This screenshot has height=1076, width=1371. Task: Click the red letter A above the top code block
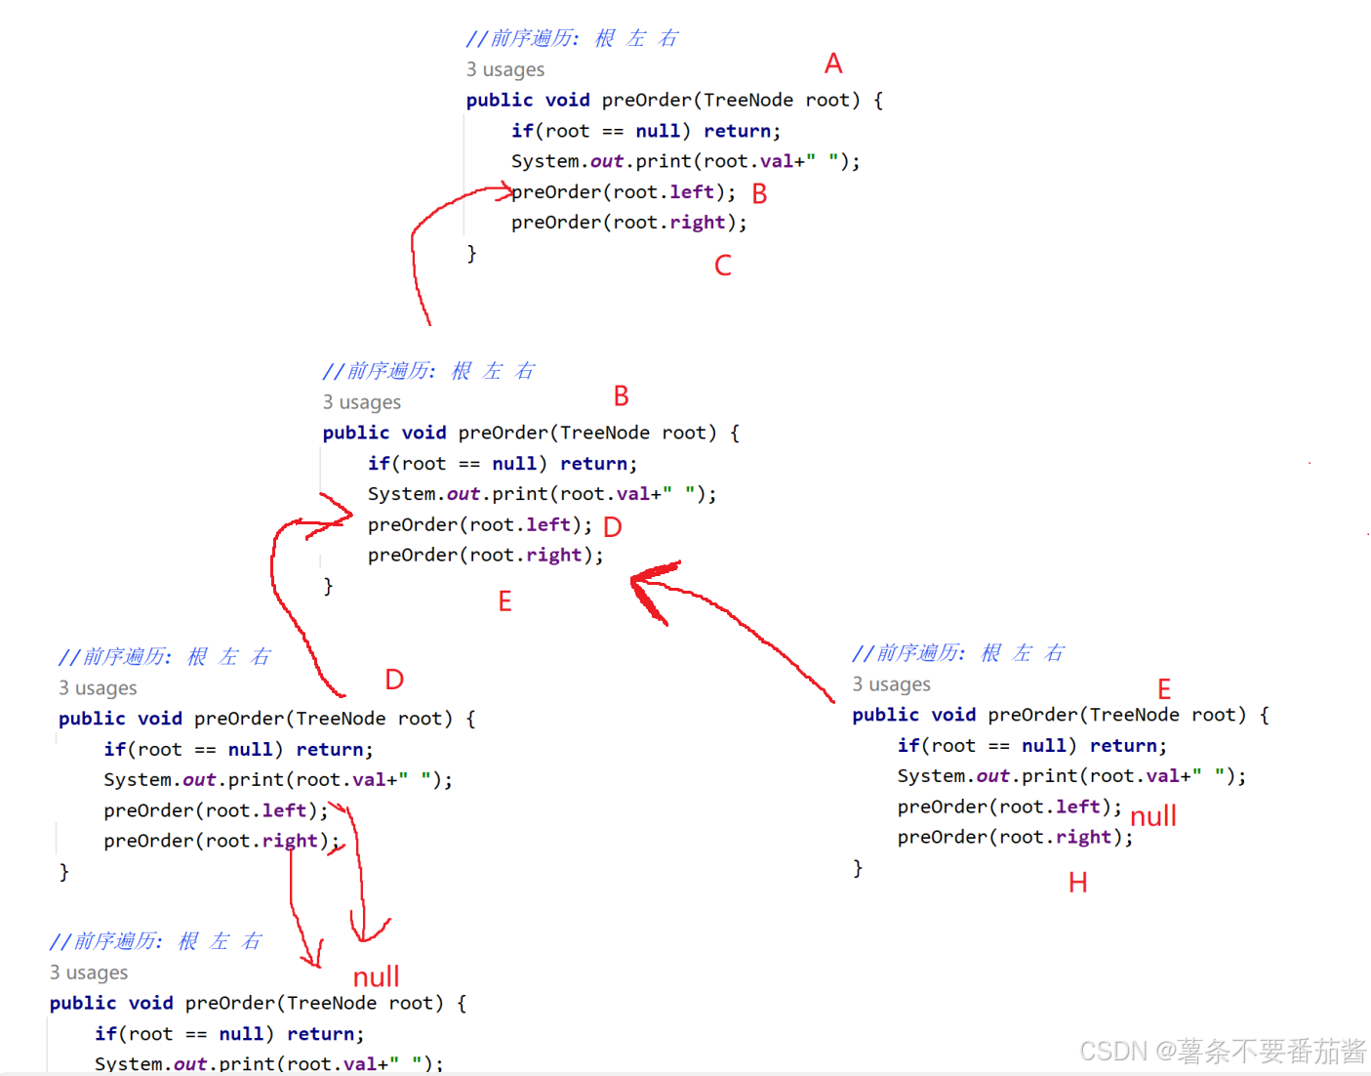tap(832, 63)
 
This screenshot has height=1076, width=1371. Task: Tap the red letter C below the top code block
tap(722, 266)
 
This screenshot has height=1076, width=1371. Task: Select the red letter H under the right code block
tap(1077, 883)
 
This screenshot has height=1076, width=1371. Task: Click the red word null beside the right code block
tap(1152, 815)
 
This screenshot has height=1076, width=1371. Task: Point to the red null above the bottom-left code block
tap(376, 976)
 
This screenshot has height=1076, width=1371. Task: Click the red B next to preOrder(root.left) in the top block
tap(759, 193)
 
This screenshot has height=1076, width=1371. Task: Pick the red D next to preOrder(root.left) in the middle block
tap(612, 527)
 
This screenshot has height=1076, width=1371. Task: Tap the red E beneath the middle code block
tap(504, 601)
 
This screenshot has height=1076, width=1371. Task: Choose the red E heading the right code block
tap(1163, 689)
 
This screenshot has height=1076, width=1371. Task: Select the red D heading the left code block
tap(394, 680)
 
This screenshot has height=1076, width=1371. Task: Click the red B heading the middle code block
tap(621, 396)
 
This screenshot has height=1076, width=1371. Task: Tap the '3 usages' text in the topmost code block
tap(504, 69)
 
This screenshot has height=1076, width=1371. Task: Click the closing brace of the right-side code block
tap(858, 868)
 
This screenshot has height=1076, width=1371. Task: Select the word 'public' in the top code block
tap(499, 100)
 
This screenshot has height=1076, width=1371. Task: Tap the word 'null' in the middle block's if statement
tap(513, 464)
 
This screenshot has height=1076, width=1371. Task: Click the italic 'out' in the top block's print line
tap(606, 161)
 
